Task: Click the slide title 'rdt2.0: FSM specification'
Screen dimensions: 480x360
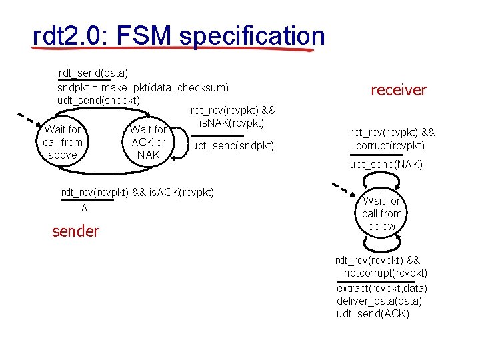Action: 178,37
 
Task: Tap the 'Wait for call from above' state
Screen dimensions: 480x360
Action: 63,142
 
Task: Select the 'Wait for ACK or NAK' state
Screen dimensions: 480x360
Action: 148,142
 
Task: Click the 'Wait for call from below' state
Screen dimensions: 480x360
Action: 381,213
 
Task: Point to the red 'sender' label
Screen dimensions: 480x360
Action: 75,231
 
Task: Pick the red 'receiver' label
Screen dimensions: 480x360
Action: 398,90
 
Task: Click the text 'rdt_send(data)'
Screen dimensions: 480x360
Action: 93,72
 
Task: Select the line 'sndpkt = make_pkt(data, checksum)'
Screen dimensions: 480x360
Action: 143,87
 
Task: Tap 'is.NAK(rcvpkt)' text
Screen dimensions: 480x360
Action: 233,123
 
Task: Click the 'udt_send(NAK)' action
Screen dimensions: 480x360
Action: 386,164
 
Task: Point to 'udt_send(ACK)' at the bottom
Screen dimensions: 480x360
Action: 373,314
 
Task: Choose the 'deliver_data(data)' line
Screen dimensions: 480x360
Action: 379,301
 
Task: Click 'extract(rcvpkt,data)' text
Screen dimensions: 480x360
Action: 382,288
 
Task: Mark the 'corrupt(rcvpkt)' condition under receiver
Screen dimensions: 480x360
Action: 390,145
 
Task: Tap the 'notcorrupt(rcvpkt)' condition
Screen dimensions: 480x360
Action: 385,273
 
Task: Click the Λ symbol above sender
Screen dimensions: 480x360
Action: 85,208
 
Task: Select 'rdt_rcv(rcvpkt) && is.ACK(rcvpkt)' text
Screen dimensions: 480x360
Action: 137,193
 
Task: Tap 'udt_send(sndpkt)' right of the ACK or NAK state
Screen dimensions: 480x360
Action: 233,145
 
